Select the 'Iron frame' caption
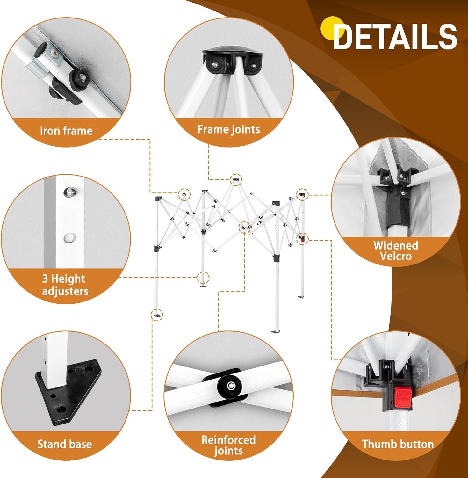tap(66, 131)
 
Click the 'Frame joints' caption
tap(228, 129)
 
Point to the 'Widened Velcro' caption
tap(396, 250)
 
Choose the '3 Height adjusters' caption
tap(65, 285)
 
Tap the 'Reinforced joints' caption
tap(228, 445)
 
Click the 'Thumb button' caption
tap(398, 444)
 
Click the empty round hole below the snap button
tap(69, 238)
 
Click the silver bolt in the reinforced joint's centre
tap(230, 386)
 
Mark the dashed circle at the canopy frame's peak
tap(236, 180)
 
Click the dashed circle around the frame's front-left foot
tap(157, 315)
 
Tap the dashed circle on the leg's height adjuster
tap(203, 277)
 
